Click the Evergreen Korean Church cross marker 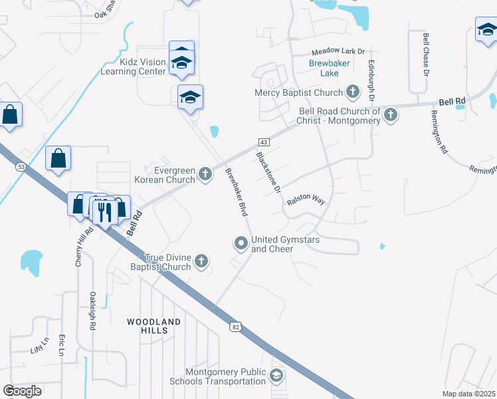click(x=205, y=174)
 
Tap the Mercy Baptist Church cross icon click(x=353, y=92)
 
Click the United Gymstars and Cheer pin click(x=241, y=244)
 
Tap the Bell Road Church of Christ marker click(x=391, y=116)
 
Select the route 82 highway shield click(x=235, y=327)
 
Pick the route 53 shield click(x=21, y=167)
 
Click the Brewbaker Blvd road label click(x=236, y=193)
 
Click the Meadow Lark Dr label click(x=338, y=51)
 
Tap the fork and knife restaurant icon click(x=103, y=211)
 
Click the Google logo click(x=23, y=390)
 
